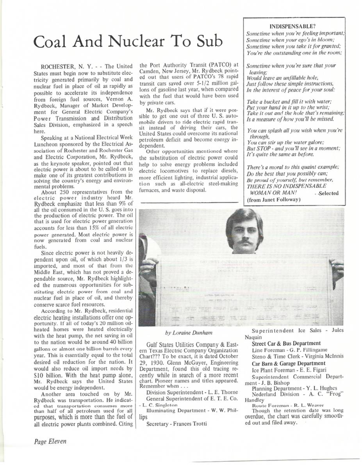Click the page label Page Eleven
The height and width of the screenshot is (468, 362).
pyautogui.click(x=50, y=441)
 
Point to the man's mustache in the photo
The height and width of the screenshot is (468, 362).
pyautogui.click(x=245, y=242)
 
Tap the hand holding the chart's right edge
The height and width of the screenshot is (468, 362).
pyautogui.click(x=336, y=269)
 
